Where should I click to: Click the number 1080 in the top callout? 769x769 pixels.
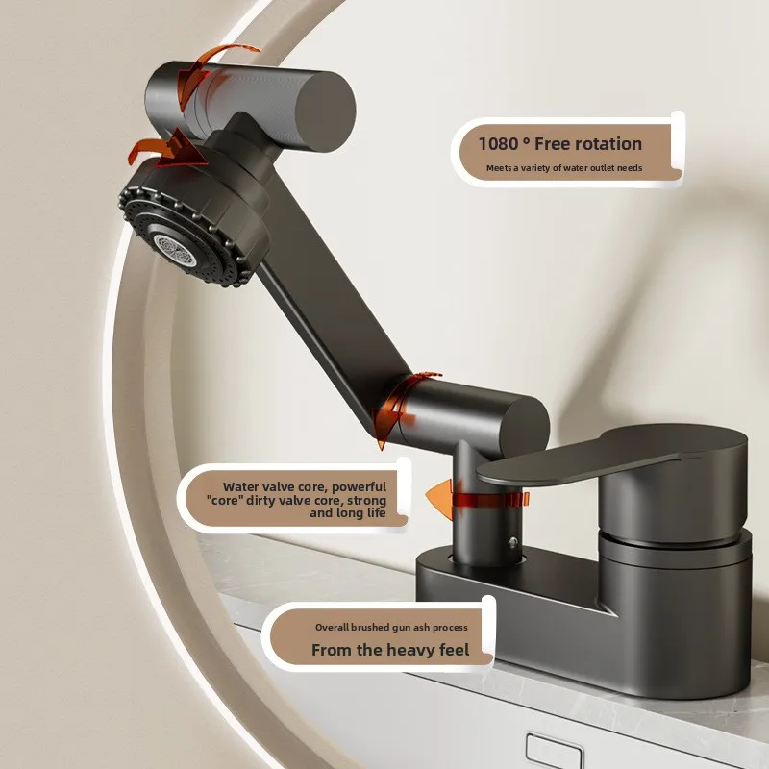(x=498, y=144)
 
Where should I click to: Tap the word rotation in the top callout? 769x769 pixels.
(x=605, y=144)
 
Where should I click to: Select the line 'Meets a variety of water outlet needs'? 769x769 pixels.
(x=563, y=168)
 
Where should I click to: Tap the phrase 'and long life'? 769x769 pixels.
(x=347, y=514)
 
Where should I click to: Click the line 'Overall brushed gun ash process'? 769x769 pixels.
(x=391, y=627)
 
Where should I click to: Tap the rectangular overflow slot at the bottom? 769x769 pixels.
(x=556, y=750)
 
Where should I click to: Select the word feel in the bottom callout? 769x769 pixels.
(x=449, y=650)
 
